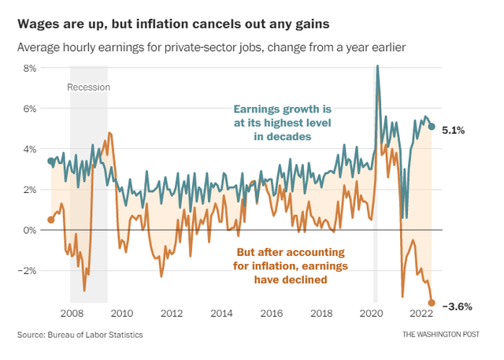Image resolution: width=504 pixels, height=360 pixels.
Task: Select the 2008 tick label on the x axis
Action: tap(72, 314)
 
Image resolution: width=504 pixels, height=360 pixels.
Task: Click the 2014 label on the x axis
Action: tap(223, 314)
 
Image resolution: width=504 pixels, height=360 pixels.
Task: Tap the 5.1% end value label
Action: tap(454, 130)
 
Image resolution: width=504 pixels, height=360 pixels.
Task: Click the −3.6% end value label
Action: tap(457, 306)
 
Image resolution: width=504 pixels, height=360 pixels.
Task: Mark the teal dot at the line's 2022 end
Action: tap(432, 126)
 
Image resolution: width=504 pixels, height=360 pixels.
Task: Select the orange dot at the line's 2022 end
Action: tap(432, 302)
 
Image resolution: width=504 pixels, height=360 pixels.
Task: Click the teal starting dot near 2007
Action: tap(51, 161)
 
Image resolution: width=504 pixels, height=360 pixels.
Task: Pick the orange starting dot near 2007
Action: tap(51, 220)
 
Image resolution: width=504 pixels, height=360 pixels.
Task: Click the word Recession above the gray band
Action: tap(88, 87)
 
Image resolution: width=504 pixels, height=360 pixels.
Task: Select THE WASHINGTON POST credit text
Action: tap(444, 336)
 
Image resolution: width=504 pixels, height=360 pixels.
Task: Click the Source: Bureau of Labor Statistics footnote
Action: tap(80, 336)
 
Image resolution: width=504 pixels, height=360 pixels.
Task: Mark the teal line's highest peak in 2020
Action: tap(377, 66)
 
